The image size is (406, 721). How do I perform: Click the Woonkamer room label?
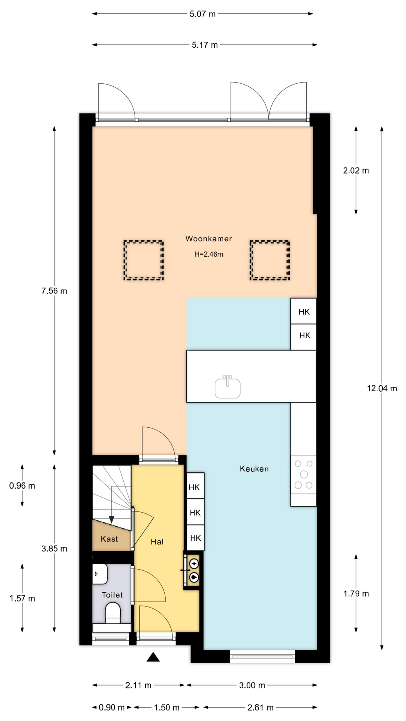click(209, 238)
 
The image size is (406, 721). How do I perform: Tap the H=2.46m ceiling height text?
click(209, 254)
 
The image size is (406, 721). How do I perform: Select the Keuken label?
click(254, 469)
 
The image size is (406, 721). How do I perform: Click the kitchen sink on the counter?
click(227, 387)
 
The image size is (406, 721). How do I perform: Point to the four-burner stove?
click(304, 474)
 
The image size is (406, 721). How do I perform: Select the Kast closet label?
click(109, 539)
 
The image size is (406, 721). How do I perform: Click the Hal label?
click(157, 542)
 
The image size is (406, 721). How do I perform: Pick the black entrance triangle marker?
click(153, 657)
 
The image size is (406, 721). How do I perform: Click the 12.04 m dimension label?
click(382, 388)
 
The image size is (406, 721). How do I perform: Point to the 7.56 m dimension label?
click(54, 291)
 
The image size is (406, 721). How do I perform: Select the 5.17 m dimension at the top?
click(205, 45)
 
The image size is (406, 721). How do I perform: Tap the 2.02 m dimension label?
click(356, 170)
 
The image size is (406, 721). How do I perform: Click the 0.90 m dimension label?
click(112, 707)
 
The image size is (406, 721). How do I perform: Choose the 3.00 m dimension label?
click(252, 685)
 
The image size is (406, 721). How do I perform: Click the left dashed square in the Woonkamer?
click(144, 260)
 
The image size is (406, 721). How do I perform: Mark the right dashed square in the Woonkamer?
click(270, 260)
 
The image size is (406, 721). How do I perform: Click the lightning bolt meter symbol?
click(194, 564)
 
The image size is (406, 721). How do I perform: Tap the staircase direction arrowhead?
click(112, 519)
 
